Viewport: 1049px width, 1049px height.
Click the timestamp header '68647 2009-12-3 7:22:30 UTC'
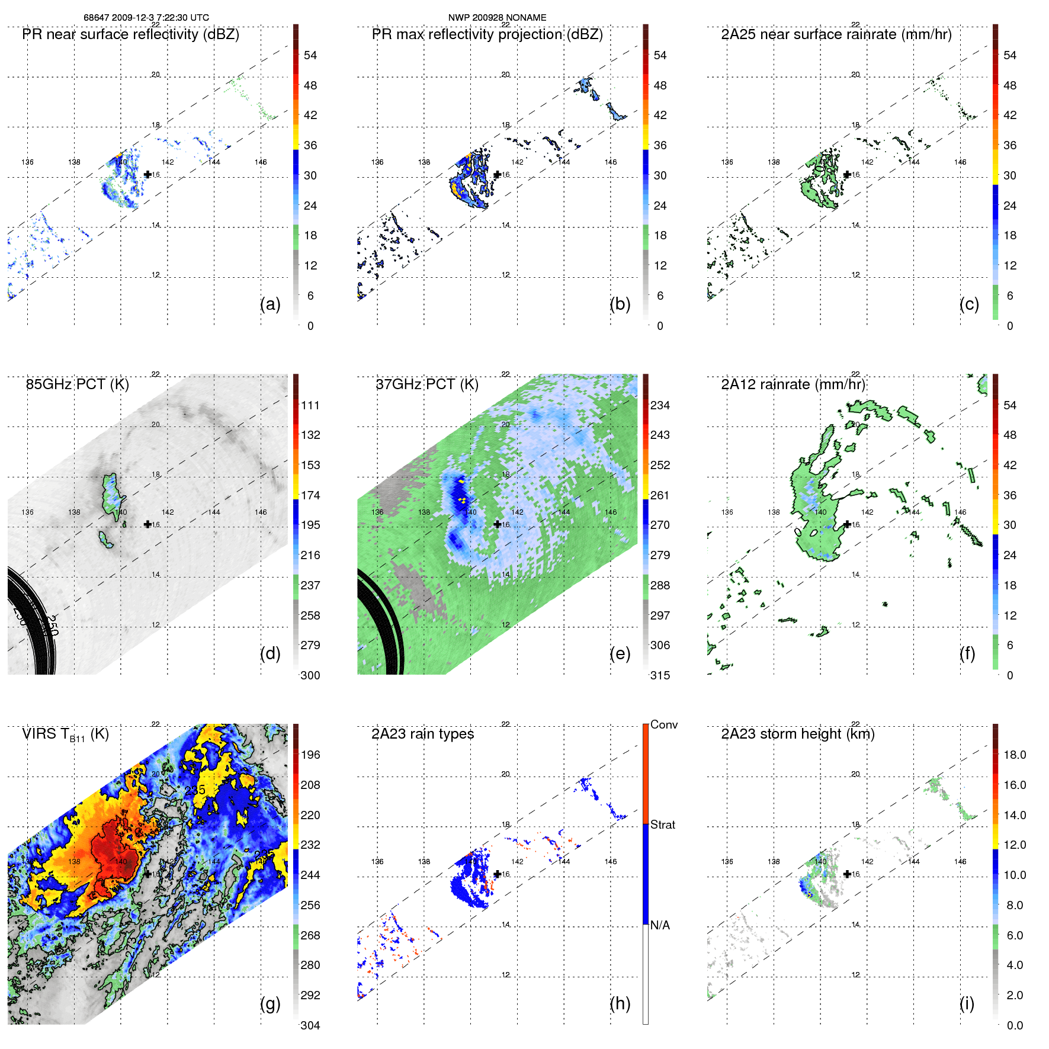[146, 18]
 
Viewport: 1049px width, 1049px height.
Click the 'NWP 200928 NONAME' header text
[497, 18]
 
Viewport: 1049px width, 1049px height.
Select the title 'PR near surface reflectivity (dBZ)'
[130, 34]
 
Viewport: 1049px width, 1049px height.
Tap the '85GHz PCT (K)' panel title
[77, 384]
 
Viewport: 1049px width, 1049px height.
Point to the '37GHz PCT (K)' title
[426, 384]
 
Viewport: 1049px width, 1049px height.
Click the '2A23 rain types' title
[422, 734]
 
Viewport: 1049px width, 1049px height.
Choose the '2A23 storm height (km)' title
[797, 734]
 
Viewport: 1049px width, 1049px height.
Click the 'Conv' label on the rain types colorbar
[663, 725]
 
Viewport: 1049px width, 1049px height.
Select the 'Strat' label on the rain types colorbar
[662, 825]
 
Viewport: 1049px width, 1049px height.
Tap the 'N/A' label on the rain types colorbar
[660, 925]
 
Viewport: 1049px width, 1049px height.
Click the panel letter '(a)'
[270, 304]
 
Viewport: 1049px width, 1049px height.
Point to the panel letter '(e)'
[620, 654]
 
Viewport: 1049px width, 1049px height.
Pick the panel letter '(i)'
[967, 1004]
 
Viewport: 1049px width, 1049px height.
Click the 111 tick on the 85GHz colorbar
[310, 406]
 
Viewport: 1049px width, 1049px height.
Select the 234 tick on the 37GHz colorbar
[660, 406]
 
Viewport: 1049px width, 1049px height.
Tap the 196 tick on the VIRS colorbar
[310, 755]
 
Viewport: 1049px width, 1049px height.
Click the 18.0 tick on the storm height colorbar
[1014, 755]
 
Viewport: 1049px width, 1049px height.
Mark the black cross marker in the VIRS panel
[148, 874]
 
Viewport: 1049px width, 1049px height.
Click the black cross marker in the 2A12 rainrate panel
[848, 524]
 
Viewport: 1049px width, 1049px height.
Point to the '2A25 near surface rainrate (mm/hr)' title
[836, 34]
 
